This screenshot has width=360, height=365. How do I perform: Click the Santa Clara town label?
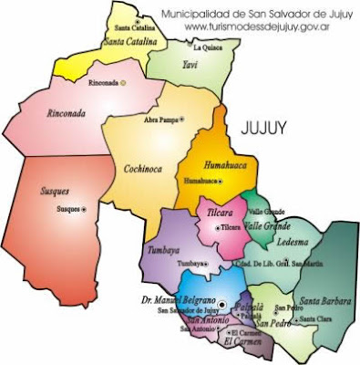317,318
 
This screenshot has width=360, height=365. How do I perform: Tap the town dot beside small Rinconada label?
124,83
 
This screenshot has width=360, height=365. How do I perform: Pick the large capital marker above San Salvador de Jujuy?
221,302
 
